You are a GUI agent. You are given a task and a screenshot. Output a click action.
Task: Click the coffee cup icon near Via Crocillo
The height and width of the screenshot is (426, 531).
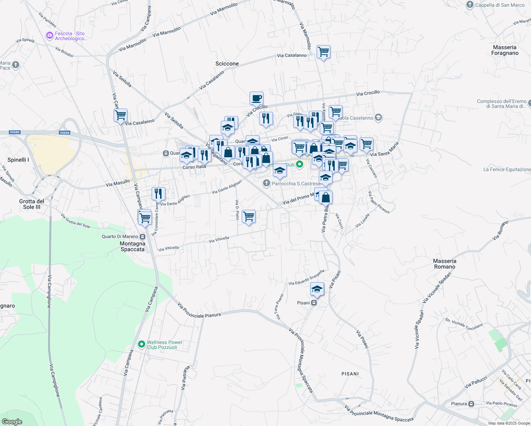click(x=256, y=98)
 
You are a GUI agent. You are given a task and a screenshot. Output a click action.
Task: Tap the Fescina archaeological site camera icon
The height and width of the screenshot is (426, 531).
click(x=50, y=36)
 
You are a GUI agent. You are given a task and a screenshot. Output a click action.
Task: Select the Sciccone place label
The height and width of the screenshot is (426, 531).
click(x=227, y=64)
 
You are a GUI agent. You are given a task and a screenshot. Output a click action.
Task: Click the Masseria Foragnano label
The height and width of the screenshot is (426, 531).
click(x=505, y=50)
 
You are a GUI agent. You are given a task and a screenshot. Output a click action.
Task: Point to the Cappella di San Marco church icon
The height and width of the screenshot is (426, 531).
click(x=470, y=5)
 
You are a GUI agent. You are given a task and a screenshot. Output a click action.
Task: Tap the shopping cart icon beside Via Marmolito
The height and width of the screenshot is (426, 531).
click(x=323, y=52)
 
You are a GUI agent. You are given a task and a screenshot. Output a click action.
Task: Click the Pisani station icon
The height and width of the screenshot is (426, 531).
click(x=314, y=303)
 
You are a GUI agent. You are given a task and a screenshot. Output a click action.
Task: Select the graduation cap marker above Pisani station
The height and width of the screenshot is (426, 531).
click(x=317, y=289)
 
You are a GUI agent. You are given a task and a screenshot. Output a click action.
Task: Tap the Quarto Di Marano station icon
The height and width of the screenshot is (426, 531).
click(x=143, y=236)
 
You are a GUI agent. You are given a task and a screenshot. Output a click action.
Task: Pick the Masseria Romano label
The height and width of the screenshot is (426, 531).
click(x=444, y=264)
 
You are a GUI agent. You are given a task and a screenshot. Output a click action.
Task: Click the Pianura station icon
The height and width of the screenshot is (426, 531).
click(x=471, y=404)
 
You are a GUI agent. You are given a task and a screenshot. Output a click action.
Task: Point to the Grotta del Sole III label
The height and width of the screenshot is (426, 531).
click(x=32, y=204)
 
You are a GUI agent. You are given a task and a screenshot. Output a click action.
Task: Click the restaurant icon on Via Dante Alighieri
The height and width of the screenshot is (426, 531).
click(x=158, y=193)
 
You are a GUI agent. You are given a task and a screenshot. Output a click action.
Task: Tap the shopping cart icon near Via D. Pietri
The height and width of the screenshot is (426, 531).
click(x=248, y=216)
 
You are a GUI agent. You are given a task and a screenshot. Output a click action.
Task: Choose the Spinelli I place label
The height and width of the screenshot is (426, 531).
click(x=18, y=160)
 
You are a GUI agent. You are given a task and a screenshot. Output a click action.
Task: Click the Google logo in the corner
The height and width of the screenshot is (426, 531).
click(x=12, y=422)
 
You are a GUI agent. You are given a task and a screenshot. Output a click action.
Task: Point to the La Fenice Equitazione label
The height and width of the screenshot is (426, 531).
click(x=507, y=169)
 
